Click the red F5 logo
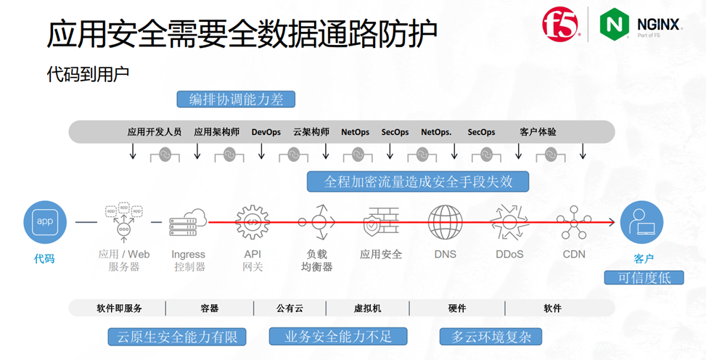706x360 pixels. [x=562, y=25]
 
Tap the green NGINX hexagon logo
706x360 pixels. [x=614, y=24]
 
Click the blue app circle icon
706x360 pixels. [x=45, y=222]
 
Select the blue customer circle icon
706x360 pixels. [x=641, y=222]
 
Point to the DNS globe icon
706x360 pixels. [x=445, y=222]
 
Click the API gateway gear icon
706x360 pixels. [x=253, y=222]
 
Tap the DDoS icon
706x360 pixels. [x=509, y=222]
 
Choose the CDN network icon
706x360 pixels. [x=574, y=222]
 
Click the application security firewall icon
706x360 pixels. [x=381, y=222]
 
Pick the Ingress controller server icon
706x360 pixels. [x=188, y=222]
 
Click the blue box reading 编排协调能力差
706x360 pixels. [x=236, y=99]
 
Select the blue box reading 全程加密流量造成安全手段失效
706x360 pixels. [x=418, y=181]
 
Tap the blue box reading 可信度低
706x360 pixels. [x=644, y=277]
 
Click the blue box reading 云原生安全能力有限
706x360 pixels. [x=177, y=337]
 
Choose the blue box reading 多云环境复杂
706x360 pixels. [x=490, y=337]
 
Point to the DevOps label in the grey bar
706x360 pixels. [x=266, y=132]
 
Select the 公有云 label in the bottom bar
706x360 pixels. [x=290, y=308]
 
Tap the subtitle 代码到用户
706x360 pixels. [x=88, y=74]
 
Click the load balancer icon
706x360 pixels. [x=317, y=222]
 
